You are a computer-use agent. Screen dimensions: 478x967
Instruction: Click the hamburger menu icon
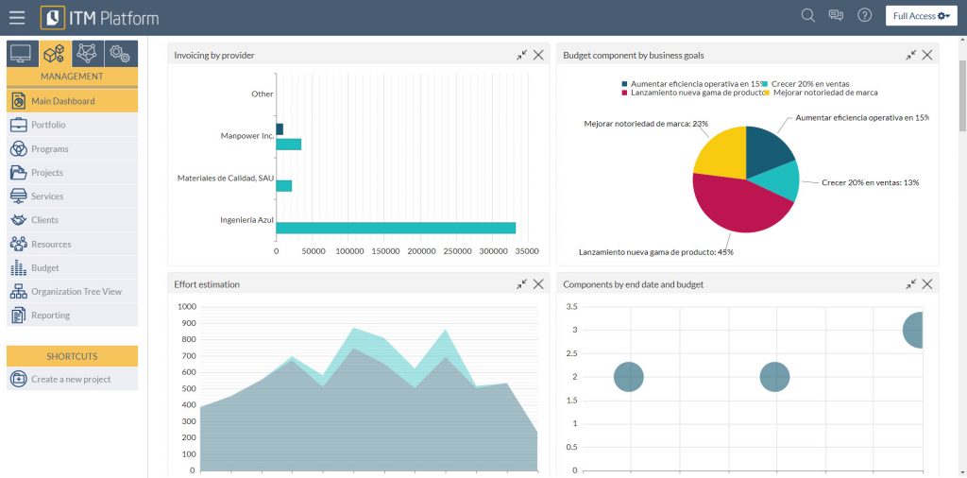17,17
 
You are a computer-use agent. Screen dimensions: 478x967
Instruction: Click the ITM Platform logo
100,18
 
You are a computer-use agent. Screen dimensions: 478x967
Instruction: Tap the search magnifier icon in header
807,15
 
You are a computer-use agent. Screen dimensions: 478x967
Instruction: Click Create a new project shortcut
72,380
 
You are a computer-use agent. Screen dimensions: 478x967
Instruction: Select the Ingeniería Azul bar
396,228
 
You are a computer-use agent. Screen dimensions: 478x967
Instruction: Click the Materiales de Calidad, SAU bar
283,185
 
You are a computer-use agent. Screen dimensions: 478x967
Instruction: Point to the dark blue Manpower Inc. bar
280,129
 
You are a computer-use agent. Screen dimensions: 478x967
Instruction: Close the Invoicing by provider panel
538,55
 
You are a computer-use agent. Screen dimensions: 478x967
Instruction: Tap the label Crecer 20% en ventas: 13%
870,182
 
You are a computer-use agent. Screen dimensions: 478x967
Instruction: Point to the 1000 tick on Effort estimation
185,307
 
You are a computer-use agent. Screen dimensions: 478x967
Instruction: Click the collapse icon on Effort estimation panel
521,284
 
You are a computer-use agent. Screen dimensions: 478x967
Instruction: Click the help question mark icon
864,15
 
